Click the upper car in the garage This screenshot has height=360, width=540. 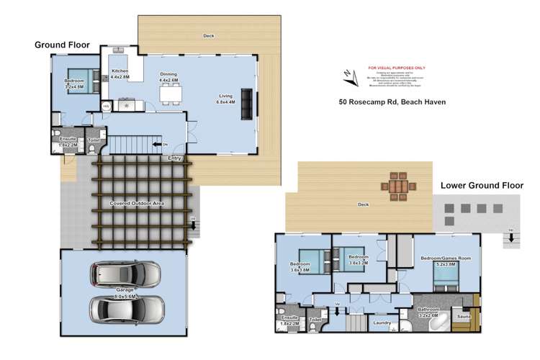pyautogui.click(x=125, y=274)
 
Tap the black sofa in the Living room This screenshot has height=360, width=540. pyautogui.click(x=247, y=104)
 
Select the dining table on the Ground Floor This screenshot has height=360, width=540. pyautogui.click(x=171, y=93)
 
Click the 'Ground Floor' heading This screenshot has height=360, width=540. pyautogui.click(x=62, y=45)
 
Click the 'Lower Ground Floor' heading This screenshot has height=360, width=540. pyautogui.click(x=482, y=185)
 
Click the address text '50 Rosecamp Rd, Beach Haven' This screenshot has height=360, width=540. pyautogui.click(x=392, y=102)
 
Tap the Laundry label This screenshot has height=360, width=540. pyautogui.click(x=382, y=323)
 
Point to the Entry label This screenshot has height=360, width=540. pyautogui.click(x=174, y=158)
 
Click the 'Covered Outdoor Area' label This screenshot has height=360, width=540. pyautogui.click(x=137, y=204)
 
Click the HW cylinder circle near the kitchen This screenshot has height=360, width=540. pyautogui.click(x=107, y=106)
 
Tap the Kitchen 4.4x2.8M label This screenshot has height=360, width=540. pyautogui.click(x=120, y=74)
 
